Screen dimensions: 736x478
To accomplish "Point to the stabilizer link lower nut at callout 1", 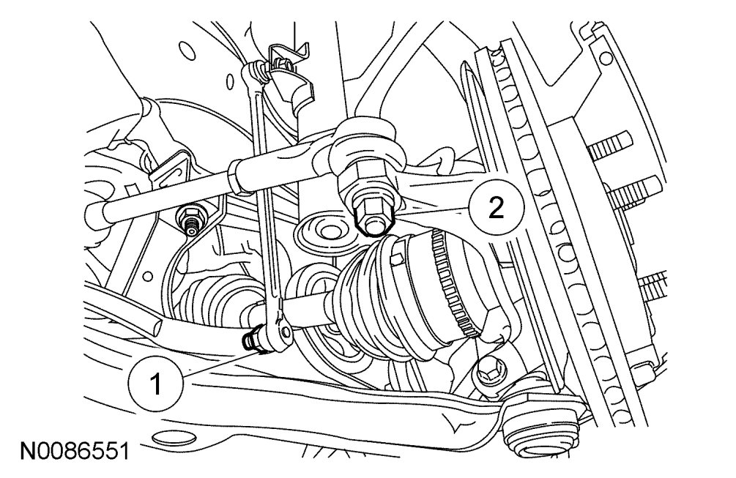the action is pyautogui.click(x=253, y=340).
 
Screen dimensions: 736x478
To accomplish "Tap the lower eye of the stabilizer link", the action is pyautogui.click(x=278, y=332).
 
